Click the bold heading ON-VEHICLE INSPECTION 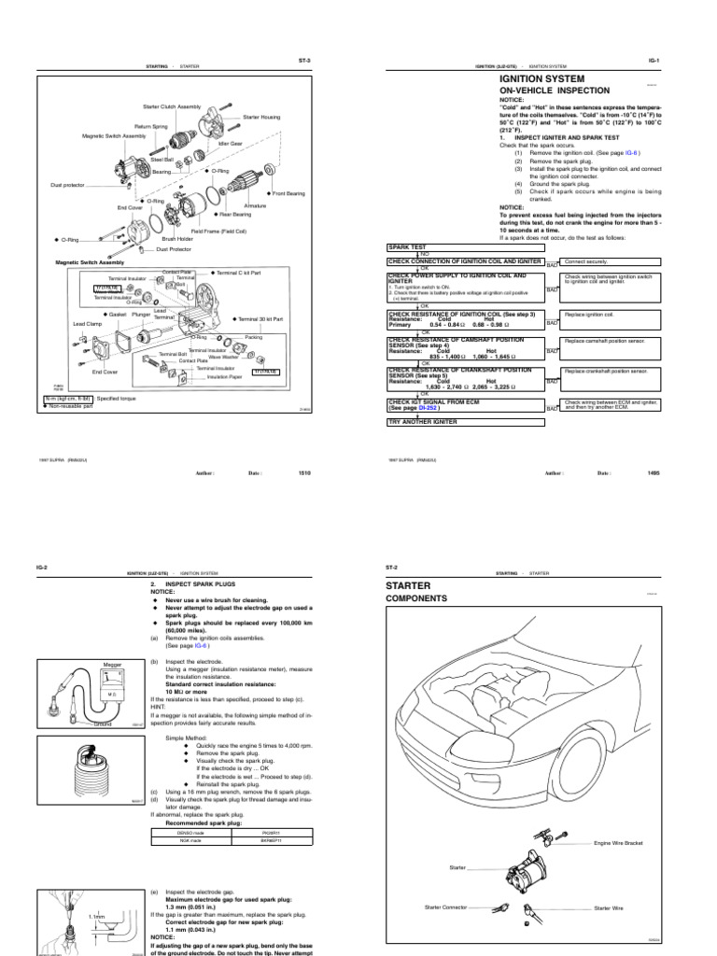click(x=555, y=91)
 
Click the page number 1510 click(x=303, y=473)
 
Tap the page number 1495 click(x=653, y=473)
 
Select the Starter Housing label click(x=260, y=117)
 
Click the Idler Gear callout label click(x=230, y=144)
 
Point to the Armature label click(x=255, y=204)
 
